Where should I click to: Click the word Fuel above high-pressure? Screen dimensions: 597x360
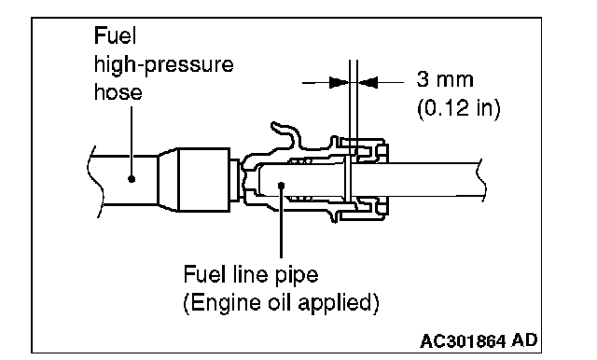[x=115, y=35]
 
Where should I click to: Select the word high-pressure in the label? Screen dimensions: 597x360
[x=164, y=64]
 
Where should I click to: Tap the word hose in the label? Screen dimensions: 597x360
[x=118, y=92]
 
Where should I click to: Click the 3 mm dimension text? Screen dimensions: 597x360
[x=445, y=79]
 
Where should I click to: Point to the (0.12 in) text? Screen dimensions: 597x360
[x=458, y=108]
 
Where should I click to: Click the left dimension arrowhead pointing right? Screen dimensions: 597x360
[x=339, y=82]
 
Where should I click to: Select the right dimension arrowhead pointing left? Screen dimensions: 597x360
[x=368, y=82]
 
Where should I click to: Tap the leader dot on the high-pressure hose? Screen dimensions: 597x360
[x=132, y=178]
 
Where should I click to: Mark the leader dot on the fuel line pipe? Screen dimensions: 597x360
[x=282, y=186]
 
